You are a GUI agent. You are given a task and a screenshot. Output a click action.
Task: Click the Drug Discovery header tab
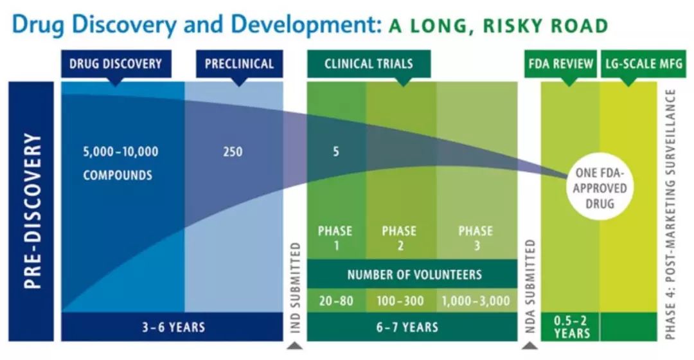point(116,64)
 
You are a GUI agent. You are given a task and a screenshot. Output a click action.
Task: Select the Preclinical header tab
point(240,64)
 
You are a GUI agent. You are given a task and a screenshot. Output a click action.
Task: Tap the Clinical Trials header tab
point(369,64)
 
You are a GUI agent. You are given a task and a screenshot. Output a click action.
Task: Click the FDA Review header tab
point(560,64)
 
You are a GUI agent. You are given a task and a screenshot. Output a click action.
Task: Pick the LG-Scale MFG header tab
point(643,64)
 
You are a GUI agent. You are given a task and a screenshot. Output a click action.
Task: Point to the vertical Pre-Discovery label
point(32,211)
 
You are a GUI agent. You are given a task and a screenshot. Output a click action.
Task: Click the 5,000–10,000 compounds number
point(120,152)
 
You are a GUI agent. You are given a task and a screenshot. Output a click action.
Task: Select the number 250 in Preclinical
point(233,152)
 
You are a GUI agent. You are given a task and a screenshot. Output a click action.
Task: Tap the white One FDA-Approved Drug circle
point(600,188)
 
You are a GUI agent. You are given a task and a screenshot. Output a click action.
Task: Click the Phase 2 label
point(399,239)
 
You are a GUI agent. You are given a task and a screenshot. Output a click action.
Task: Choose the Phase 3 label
point(476,239)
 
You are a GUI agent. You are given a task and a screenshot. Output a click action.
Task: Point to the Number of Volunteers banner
point(412,274)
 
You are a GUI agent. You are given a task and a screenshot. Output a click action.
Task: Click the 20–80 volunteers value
point(336,301)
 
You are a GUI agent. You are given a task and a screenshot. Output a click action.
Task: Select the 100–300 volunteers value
point(400,301)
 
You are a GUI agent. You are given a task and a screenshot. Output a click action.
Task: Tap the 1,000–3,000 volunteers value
point(476,301)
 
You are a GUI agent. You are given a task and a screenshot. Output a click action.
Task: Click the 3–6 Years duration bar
point(172,327)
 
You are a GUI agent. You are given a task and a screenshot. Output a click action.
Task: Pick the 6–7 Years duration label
point(407,327)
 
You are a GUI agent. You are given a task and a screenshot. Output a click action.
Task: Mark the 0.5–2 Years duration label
point(571,327)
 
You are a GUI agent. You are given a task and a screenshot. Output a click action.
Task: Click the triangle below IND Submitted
point(295,345)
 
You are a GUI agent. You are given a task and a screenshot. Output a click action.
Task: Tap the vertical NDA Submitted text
point(531,286)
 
